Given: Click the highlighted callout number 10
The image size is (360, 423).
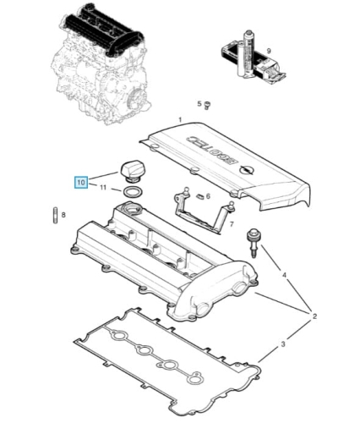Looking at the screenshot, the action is click(x=81, y=182).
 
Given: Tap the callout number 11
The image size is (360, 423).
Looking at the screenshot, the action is click(x=103, y=187).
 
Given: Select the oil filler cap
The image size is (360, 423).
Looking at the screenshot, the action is click(x=132, y=171).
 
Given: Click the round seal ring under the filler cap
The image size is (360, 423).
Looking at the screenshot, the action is click(x=133, y=193).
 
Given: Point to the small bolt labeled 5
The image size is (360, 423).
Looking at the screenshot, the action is click(x=208, y=106).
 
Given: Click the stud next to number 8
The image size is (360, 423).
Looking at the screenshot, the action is click(x=55, y=216).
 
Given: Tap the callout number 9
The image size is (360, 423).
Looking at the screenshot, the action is click(x=269, y=51).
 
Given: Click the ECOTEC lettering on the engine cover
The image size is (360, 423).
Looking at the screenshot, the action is click(x=211, y=151).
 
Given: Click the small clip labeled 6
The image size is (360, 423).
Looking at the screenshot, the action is click(x=199, y=195).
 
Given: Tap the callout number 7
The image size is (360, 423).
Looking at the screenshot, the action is click(x=232, y=224).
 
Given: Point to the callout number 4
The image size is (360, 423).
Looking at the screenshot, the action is click(x=284, y=274).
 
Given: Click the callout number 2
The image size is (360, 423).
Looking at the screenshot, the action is click(x=314, y=316).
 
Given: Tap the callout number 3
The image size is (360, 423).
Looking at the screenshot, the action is click(x=283, y=343).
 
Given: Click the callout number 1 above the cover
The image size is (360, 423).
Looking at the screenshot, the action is click(x=180, y=120).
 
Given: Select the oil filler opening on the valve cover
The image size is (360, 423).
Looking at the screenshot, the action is click(x=132, y=210).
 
